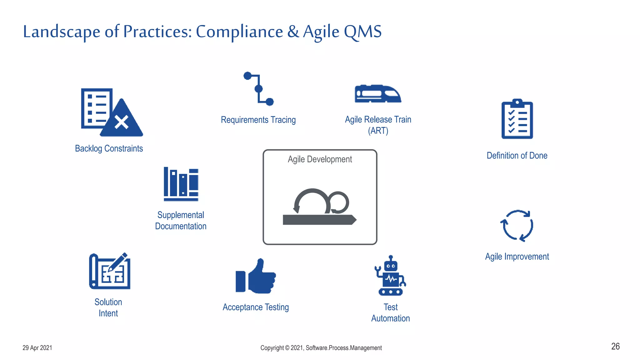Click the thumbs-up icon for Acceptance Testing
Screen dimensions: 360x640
click(256, 276)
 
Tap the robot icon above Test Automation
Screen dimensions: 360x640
click(391, 276)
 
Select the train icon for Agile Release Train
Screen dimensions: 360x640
click(378, 93)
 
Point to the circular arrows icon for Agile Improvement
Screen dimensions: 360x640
click(517, 226)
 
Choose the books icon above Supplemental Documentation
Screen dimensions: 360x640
click(181, 184)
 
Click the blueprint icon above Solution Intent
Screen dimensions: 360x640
click(110, 271)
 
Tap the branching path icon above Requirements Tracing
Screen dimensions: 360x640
click(258, 89)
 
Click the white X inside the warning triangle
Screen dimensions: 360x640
click(122, 122)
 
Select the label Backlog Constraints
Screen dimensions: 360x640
click(109, 148)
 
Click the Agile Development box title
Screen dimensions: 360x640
click(320, 159)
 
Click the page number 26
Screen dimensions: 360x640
click(615, 346)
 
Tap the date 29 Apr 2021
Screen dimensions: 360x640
click(37, 348)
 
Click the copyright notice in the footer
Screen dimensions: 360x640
click(321, 348)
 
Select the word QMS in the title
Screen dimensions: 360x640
click(362, 32)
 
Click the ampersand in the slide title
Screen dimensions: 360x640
click(293, 32)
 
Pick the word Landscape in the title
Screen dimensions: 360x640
click(62, 32)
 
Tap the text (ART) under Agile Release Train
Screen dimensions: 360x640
click(378, 131)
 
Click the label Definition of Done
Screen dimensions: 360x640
click(517, 156)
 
